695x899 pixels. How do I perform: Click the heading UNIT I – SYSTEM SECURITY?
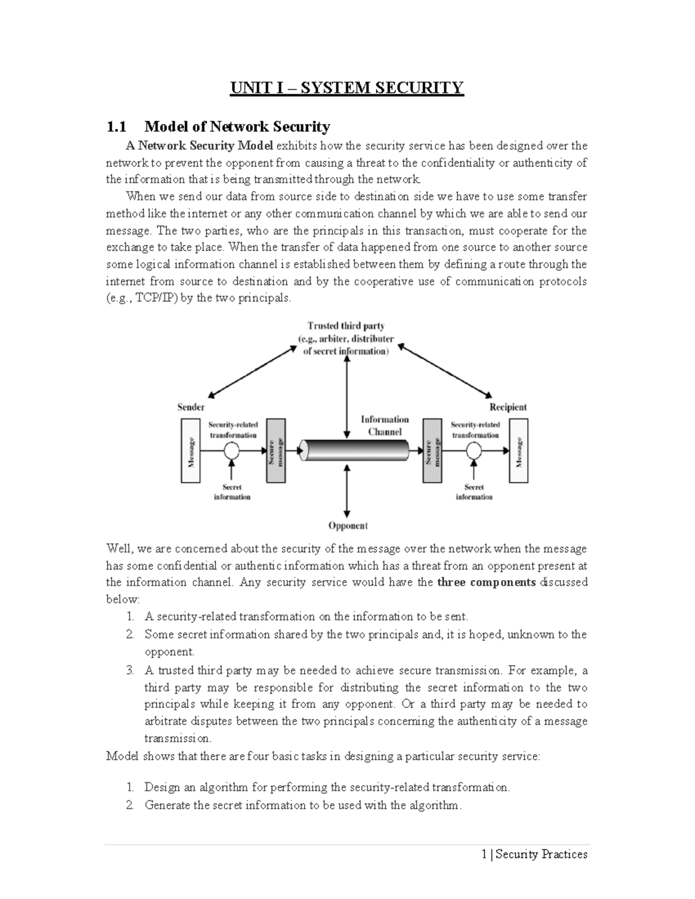(x=347, y=87)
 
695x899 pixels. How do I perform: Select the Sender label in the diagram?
(x=191, y=407)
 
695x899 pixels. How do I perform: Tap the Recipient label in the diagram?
(x=508, y=407)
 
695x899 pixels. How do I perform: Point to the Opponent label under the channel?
(x=348, y=526)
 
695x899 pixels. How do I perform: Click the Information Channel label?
(x=385, y=425)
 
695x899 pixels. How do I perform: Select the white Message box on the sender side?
(x=191, y=450)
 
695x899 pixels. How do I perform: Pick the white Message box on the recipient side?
(x=518, y=450)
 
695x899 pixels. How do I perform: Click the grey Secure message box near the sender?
(x=275, y=450)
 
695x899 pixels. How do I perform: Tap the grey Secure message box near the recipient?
(x=433, y=450)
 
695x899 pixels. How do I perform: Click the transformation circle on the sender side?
(x=232, y=450)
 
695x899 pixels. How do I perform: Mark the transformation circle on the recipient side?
(x=474, y=450)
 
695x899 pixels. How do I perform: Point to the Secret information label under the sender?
(x=232, y=492)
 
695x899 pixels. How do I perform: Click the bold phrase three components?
(x=487, y=582)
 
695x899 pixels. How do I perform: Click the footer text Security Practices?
(x=541, y=854)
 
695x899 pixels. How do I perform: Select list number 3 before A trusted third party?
(x=130, y=671)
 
